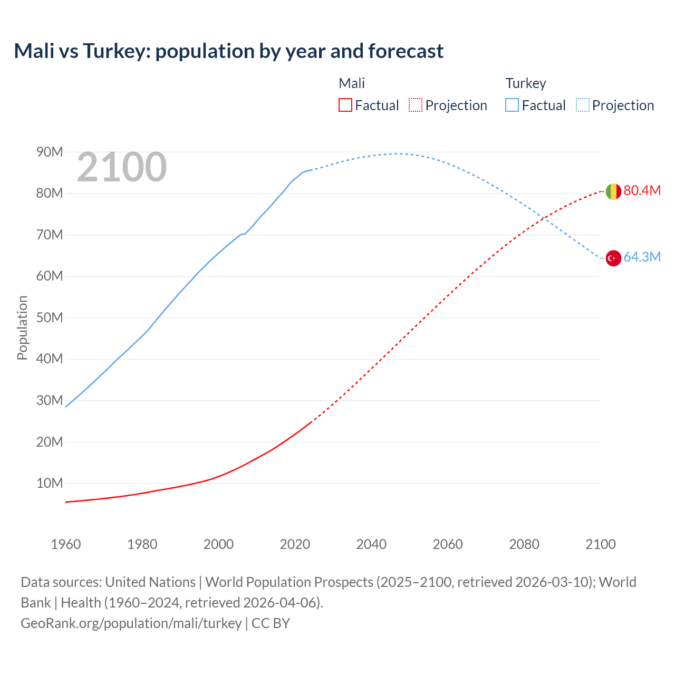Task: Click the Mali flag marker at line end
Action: pyautogui.click(x=613, y=191)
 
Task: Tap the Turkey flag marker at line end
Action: pyautogui.click(x=613, y=258)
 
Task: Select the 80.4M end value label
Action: pyautogui.click(x=642, y=190)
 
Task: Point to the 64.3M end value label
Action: pyautogui.click(x=642, y=257)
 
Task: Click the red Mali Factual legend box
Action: pyautogui.click(x=345, y=105)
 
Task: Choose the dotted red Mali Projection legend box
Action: pyautogui.click(x=416, y=105)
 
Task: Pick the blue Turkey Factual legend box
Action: pyautogui.click(x=512, y=105)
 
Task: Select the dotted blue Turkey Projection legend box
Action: pyautogui.click(x=583, y=105)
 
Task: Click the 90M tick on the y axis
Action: pyautogui.click(x=50, y=152)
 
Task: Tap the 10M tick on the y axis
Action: pyautogui.click(x=50, y=483)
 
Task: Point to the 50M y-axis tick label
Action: pyautogui.click(x=50, y=317)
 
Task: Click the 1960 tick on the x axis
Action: pyautogui.click(x=66, y=544)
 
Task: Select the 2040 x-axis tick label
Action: pyautogui.click(x=371, y=544)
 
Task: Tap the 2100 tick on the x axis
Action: pyautogui.click(x=600, y=544)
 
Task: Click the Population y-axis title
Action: pyautogui.click(x=22, y=327)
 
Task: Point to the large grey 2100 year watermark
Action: pyautogui.click(x=122, y=167)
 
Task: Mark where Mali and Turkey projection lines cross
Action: pyautogui.click(x=542, y=217)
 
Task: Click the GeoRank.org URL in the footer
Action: pyautogui.click(x=131, y=623)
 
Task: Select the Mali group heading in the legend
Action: pyautogui.click(x=352, y=83)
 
